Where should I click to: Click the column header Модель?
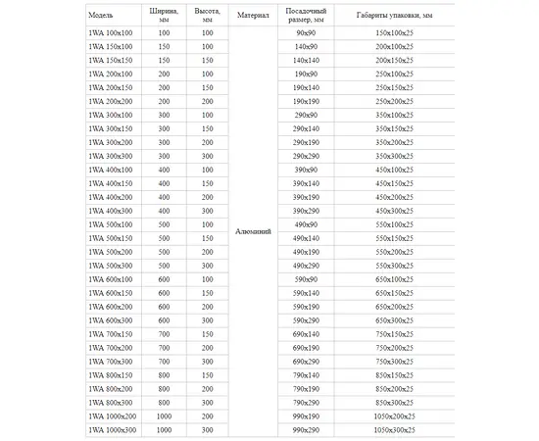pyautogui.click(x=100, y=16)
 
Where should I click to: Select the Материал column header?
pyautogui.click(x=253, y=16)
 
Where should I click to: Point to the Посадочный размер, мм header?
pyautogui.click(x=305, y=16)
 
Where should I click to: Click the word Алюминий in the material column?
pyautogui.click(x=253, y=232)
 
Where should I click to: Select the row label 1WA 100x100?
pyautogui.click(x=110, y=33)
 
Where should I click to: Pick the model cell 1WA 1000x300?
pyautogui.click(x=113, y=430)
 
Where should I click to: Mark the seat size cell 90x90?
pyautogui.click(x=305, y=33)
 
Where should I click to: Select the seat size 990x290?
pyautogui.click(x=305, y=430)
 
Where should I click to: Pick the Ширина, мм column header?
pyautogui.click(x=163, y=16)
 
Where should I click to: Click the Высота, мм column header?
pyautogui.click(x=207, y=16)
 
